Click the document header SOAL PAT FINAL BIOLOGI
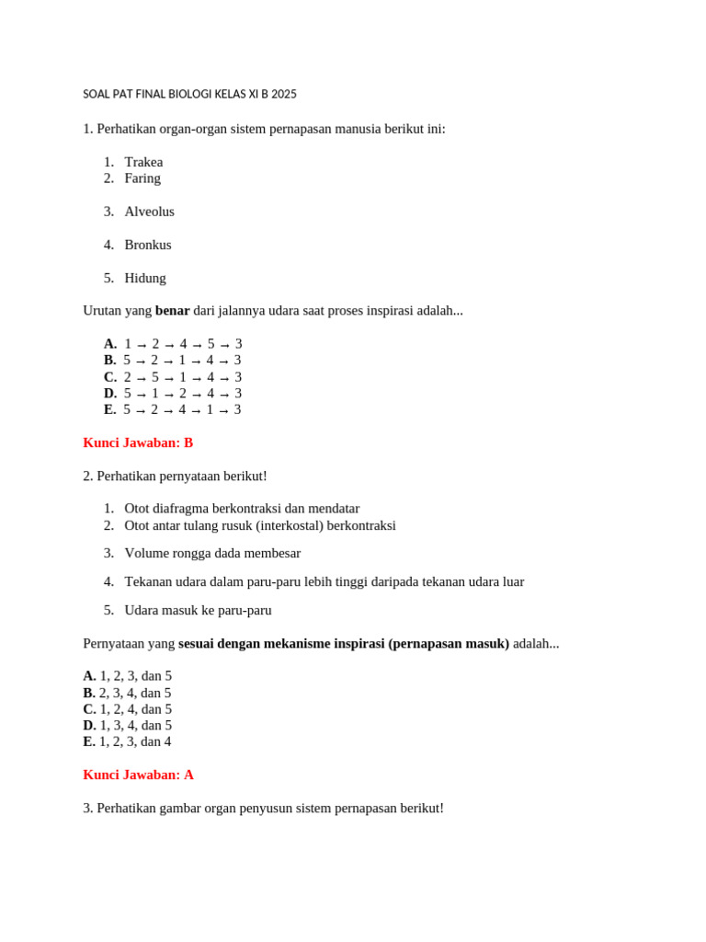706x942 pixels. coord(189,94)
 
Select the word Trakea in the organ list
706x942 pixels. coord(143,162)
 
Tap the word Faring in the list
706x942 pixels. coord(142,178)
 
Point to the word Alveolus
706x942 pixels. coord(149,212)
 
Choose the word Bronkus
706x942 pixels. coord(148,245)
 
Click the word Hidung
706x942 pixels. coord(145,278)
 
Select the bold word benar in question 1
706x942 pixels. coord(172,311)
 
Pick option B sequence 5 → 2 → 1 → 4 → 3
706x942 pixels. coord(182,361)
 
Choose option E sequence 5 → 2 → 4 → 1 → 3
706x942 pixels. coord(182,410)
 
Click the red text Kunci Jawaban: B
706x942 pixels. coord(138,443)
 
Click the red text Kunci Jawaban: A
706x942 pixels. coord(138,775)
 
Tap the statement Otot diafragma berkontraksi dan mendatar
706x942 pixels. coord(242,509)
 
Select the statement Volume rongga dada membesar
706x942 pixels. coord(212,554)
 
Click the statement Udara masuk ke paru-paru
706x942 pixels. coord(198,610)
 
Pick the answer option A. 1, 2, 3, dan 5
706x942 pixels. coord(128,676)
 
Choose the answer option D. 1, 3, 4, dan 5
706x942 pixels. coord(128,726)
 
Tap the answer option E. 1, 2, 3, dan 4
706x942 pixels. coord(128,741)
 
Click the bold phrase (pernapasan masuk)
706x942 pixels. coord(449,644)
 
